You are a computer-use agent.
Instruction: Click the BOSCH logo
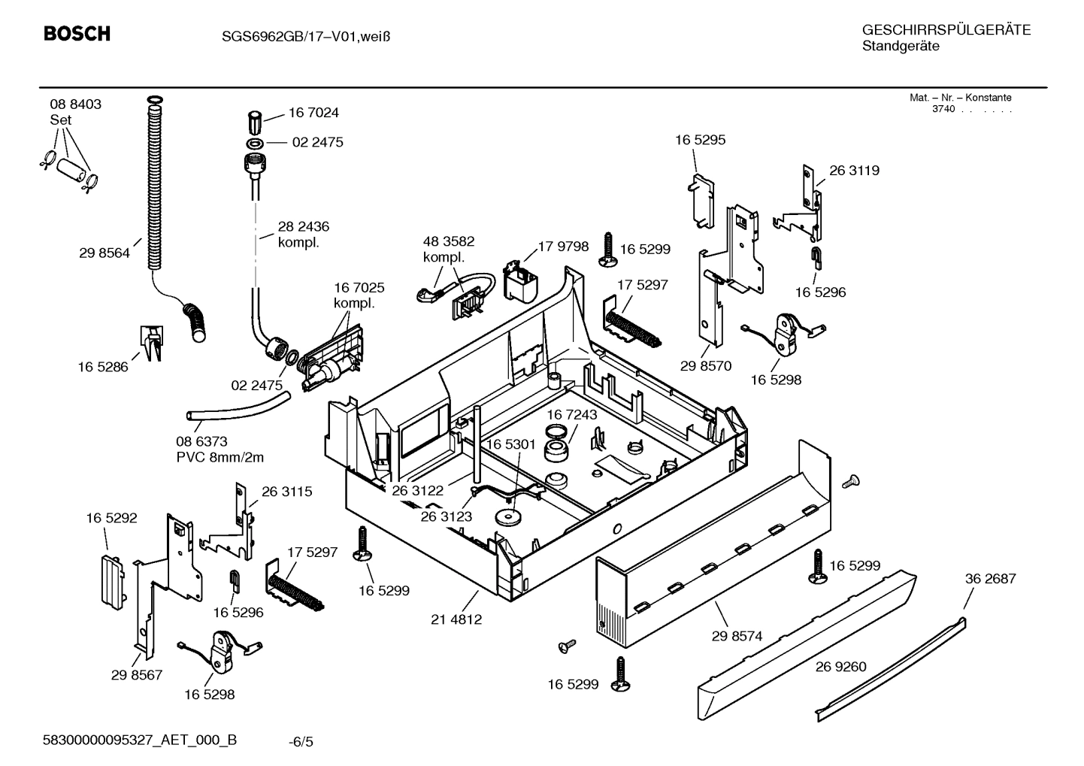point(77,34)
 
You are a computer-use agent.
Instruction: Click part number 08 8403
point(75,104)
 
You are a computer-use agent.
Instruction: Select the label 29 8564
point(104,253)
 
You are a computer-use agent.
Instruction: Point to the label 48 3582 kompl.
point(449,249)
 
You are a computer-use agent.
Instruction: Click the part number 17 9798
point(563,247)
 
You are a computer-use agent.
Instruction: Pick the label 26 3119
point(854,171)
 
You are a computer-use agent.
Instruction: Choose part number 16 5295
point(700,140)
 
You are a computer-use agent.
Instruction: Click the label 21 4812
point(456,620)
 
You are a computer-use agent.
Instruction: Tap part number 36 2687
point(990,579)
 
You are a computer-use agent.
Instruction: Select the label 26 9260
point(840,667)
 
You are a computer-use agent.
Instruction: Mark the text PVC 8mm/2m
point(220,457)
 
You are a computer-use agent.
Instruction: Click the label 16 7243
point(571,415)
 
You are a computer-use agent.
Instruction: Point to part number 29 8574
point(737,636)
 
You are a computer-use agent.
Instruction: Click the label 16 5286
point(103,367)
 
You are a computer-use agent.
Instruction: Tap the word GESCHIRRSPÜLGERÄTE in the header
point(946,30)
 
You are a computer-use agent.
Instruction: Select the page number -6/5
point(301,742)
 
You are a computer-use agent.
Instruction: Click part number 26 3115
point(286,492)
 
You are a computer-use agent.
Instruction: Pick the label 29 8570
point(706,366)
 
